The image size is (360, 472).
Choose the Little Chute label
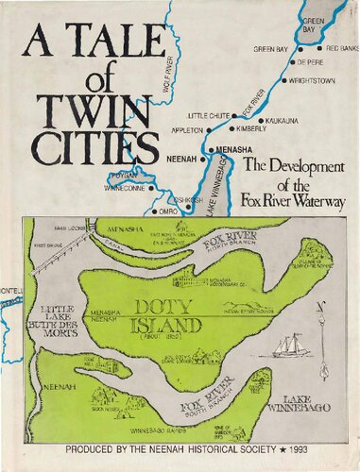[x=208, y=114]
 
